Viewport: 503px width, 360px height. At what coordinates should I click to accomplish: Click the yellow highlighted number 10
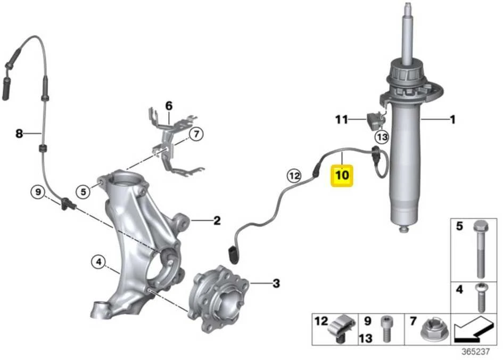[x=342, y=175]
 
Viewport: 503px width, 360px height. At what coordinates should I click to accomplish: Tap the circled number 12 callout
[x=294, y=176]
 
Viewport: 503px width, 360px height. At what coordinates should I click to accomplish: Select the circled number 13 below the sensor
[x=382, y=137]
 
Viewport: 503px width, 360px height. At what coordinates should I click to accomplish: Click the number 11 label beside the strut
[x=341, y=120]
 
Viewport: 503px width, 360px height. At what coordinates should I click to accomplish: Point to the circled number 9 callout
[x=38, y=192]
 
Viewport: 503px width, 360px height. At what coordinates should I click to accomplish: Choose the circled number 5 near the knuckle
[x=84, y=192]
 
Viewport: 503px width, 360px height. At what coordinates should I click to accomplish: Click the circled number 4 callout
[x=98, y=262]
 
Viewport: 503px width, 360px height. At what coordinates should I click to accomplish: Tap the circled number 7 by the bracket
[x=196, y=134]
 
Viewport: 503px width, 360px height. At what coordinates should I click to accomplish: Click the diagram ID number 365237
[x=475, y=351]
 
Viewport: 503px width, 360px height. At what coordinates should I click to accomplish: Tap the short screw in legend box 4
[x=480, y=298]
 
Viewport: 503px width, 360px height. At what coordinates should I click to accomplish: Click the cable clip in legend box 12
[x=343, y=329]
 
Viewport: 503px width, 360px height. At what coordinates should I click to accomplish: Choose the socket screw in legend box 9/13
[x=386, y=329]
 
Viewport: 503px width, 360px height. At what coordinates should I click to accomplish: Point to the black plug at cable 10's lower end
[x=233, y=255]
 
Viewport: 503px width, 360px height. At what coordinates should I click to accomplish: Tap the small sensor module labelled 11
[x=375, y=121]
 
